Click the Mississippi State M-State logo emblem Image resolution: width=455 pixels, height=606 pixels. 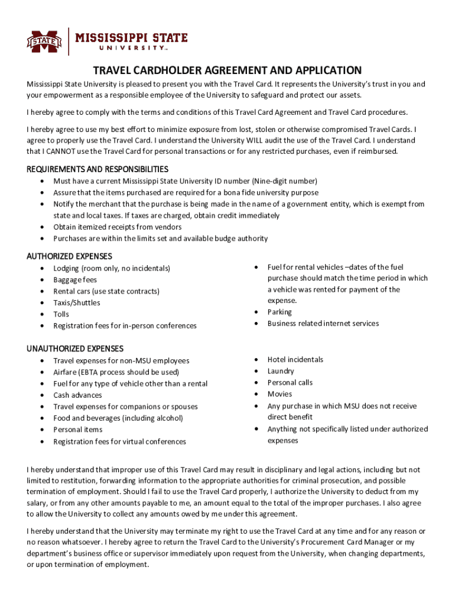pyautogui.click(x=44, y=41)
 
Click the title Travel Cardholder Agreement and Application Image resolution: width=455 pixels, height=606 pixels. pyautogui.click(x=227, y=70)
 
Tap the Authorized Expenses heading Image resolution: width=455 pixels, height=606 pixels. pyautogui.click(x=69, y=256)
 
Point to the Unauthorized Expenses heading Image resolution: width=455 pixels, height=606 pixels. pyautogui.click(x=75, y=349)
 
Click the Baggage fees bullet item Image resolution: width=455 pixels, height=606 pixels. pyautogui.click(x=75, y=279)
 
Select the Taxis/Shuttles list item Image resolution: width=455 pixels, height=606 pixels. pyautogui.click(x=77, y=302)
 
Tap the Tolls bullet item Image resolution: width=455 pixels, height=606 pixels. pyautogui.click(x=61, y=314)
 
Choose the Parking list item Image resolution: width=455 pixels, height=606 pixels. pyautogui.click(x=279, y=312)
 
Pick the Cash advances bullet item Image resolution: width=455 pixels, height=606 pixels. pyautogui.click(x=77, y=395)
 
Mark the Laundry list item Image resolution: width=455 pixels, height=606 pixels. pyautogui.click(x=281, y=371)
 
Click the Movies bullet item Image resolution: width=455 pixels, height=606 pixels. pyautogui.click(x=279, y=394)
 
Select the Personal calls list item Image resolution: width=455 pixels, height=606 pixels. pyautogui.click(x=290, y=382)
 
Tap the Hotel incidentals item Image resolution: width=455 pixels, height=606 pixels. pyautogui.click(x=295, y=359)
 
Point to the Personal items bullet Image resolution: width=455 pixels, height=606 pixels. pyautogui.click(x=77, y=430)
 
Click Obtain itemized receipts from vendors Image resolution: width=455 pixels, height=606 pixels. pyautogui.click(x=118, y=227)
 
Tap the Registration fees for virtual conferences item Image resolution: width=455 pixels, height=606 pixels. pyautogui.click(x=119, y=441)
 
